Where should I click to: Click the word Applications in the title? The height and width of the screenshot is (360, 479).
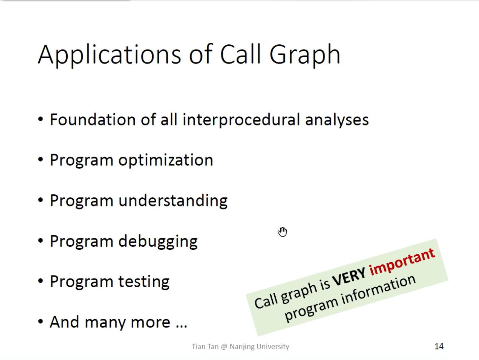click(x=109, y=55)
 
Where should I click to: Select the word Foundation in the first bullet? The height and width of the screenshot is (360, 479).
click(x=93, y=119)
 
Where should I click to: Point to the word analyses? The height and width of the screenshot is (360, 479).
click(x=337, y=120)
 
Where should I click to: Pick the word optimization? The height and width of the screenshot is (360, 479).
click(x=166, y=160)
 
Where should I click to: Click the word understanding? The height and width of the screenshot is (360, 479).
click(x=173, y=201)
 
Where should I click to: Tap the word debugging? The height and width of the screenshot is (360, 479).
click(x=158, y=242)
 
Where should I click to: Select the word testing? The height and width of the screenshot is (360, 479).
click(x=144, y=282)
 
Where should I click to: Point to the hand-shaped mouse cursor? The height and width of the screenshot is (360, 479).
click(x=282, y=231)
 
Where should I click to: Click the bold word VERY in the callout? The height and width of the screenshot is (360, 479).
click(x=348, y=277)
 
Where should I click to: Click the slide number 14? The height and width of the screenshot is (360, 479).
click(x=439, y=346)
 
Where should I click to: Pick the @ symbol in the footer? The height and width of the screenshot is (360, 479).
click(x=224, y=347)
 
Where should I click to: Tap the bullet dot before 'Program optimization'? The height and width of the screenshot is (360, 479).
click(x=40, y=159)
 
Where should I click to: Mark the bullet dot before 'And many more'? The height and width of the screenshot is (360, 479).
click(x=40, y=321)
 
